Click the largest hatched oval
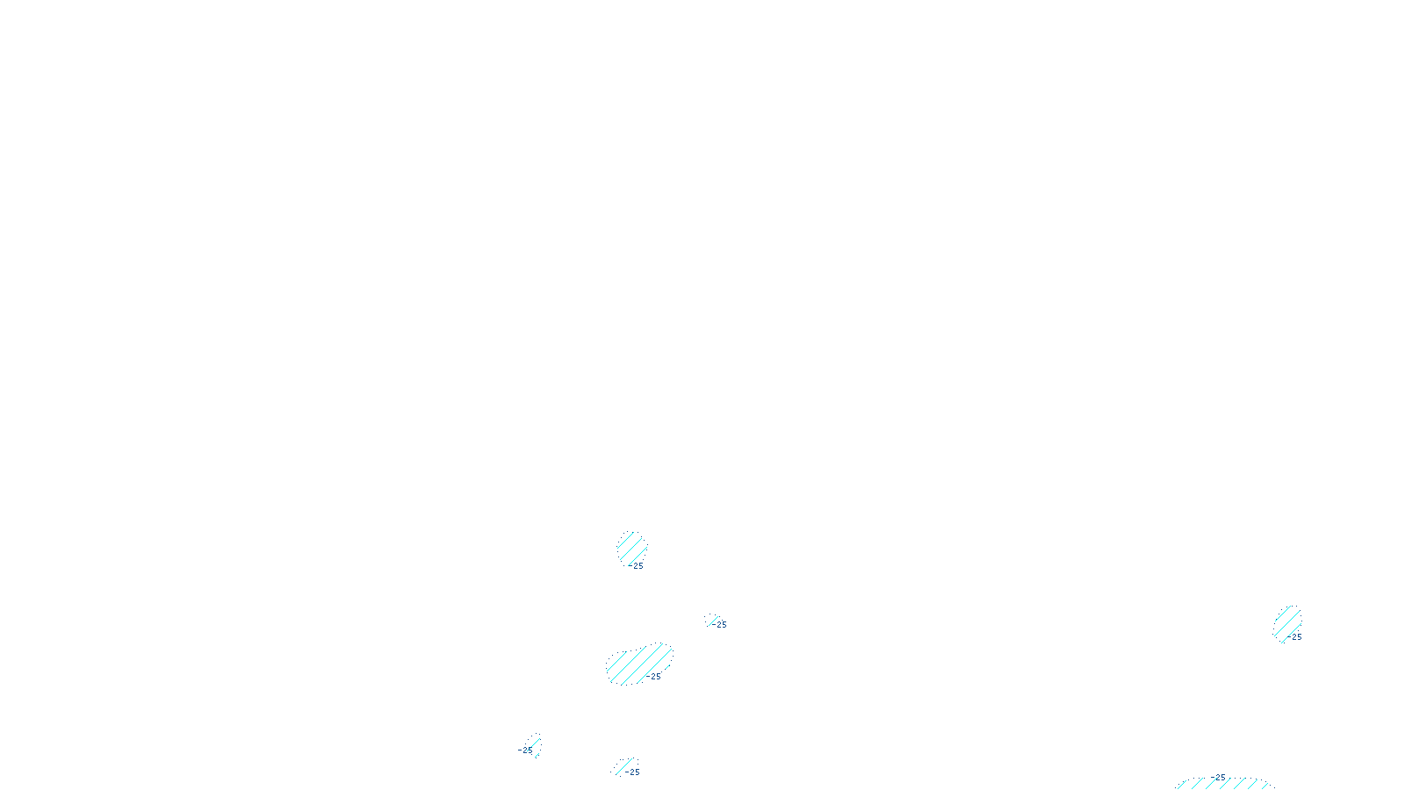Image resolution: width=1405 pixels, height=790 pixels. (638, 664)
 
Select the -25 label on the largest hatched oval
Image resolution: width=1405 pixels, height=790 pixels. (653, 677)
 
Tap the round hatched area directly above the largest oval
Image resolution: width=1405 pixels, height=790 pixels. (631, 549)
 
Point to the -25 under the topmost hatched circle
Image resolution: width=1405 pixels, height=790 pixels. (636, 566)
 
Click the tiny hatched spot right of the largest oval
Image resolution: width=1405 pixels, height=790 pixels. (711, 620)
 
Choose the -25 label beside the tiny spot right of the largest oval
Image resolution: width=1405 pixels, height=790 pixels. (721, 625)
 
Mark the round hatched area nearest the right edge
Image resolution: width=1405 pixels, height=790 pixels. (1287, 621)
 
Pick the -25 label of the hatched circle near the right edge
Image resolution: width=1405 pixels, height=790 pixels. (1296, 637)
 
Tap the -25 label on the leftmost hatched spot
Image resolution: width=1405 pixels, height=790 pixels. (525, 750)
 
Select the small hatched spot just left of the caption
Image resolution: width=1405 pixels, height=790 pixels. (623, 767)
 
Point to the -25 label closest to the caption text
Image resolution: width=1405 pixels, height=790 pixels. (633, 772)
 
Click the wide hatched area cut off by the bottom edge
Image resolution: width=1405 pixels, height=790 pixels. (1224, 784)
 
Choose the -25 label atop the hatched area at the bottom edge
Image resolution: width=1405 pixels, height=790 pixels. (1219, 777)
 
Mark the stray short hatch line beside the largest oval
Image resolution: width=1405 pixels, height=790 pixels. (669, 664)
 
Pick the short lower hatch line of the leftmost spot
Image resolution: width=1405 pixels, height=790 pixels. (537, 753)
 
